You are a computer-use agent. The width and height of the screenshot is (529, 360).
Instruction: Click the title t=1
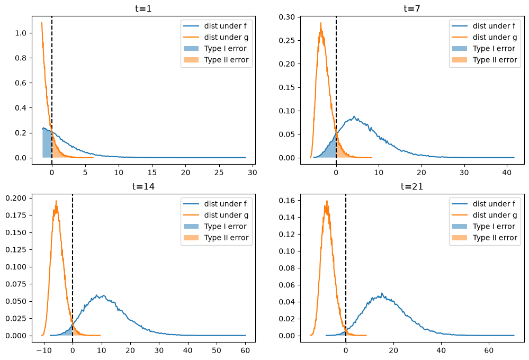144,8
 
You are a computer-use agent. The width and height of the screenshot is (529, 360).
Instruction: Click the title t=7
412,8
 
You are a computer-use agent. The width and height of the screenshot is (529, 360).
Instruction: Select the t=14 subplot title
144,186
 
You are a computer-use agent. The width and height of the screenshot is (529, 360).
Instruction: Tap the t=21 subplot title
412,186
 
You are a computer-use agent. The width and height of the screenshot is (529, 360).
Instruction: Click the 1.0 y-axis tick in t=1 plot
21,33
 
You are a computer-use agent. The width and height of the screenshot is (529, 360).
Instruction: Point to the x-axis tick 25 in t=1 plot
219,173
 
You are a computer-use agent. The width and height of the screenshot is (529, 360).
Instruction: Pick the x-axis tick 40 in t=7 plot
507,173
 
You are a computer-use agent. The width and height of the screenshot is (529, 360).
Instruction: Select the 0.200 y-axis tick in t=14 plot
16,199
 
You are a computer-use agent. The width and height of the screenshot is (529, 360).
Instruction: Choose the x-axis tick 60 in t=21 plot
489,350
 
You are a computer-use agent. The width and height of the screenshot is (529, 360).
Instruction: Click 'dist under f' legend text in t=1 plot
226,26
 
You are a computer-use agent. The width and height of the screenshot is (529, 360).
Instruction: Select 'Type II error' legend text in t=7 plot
495,60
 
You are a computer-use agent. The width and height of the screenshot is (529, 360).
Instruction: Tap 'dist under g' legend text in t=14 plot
226,215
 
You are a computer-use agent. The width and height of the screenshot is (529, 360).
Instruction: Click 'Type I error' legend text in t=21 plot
494,227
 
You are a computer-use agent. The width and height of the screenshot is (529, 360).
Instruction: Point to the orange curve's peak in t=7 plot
321,23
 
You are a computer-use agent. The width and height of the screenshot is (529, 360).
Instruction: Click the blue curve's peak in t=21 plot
382,293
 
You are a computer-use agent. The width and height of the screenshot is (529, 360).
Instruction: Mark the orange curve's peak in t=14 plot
56,201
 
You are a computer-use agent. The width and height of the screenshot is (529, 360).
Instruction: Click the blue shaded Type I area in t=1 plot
47,143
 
